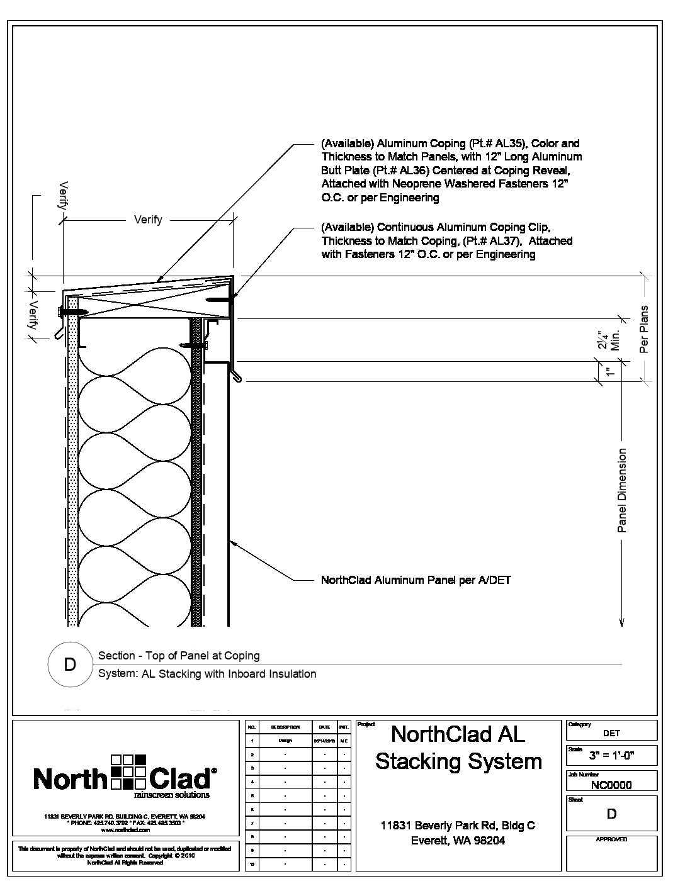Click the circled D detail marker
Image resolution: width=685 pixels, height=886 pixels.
point(70,664)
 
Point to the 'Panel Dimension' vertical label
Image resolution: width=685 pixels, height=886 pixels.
point(623,490)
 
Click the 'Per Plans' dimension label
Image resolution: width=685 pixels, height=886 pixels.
point(644,329)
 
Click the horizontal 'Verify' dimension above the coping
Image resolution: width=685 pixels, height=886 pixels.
point(148,220)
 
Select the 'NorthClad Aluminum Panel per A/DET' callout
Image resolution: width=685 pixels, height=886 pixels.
point(416,580)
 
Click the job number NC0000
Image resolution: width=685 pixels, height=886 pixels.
point(611,785)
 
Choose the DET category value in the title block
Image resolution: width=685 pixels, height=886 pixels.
point(611,732)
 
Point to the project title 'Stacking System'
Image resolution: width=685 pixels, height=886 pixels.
point(458,761)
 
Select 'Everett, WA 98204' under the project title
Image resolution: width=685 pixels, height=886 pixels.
point(458,840)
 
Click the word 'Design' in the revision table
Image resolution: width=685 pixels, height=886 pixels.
point(285,741)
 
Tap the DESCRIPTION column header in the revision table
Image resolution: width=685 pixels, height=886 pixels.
point(285,727)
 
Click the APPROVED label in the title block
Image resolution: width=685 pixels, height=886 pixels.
point(611,839)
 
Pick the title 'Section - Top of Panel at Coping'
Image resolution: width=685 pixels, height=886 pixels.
point(179,656)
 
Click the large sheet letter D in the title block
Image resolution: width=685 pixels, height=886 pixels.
point(611,814)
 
